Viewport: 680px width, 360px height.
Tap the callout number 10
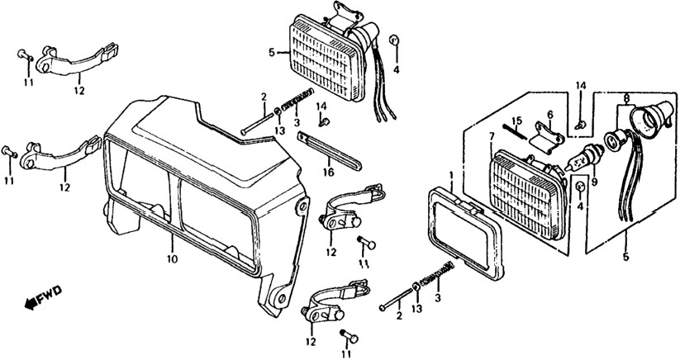point(172,259)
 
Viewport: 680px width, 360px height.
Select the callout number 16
point(329,172)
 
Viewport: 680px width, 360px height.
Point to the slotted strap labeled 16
point(329,151)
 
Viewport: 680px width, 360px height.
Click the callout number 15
point(516,121)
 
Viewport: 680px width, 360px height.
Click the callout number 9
point(594,182)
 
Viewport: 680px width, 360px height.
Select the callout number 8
point(625,99)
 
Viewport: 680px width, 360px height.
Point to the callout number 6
point(549,115)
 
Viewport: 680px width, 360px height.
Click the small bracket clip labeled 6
point(546,137)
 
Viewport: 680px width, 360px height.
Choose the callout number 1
point(451,176)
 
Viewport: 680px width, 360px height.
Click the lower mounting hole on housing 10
point(282,298)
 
